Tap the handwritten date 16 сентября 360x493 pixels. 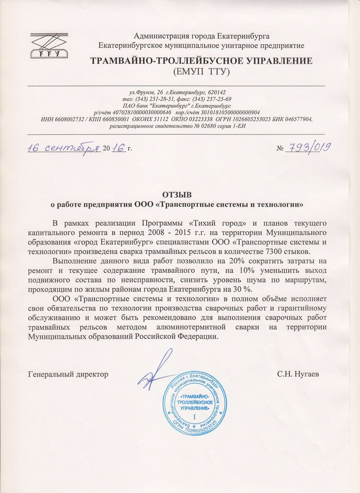[x=63, y=148]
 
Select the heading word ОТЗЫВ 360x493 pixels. [x=180, y=195]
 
